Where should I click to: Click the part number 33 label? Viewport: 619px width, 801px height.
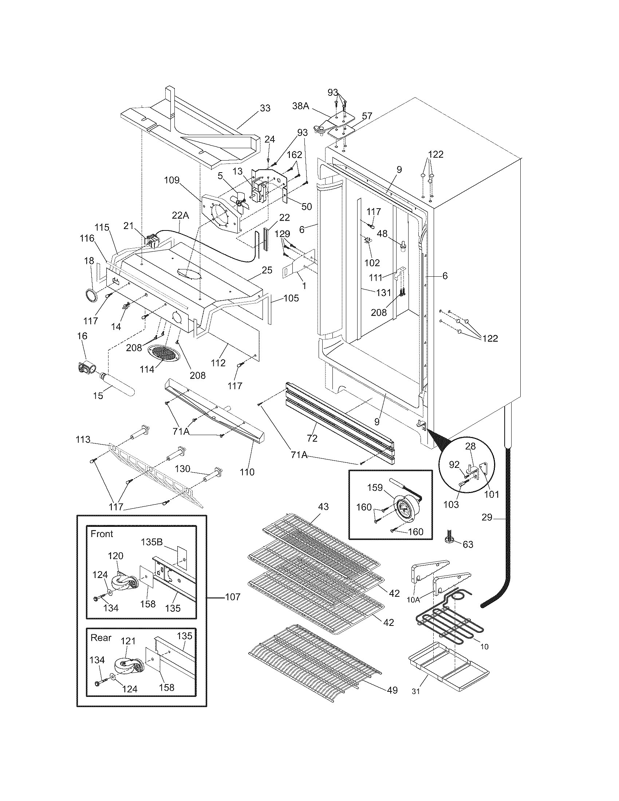265,108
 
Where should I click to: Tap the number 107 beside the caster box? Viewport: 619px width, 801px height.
233,597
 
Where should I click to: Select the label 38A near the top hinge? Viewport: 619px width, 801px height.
301,106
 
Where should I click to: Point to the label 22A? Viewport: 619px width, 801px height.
180,216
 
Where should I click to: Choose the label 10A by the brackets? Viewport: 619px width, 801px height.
413,600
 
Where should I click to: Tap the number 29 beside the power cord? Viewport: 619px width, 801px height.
486,517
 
